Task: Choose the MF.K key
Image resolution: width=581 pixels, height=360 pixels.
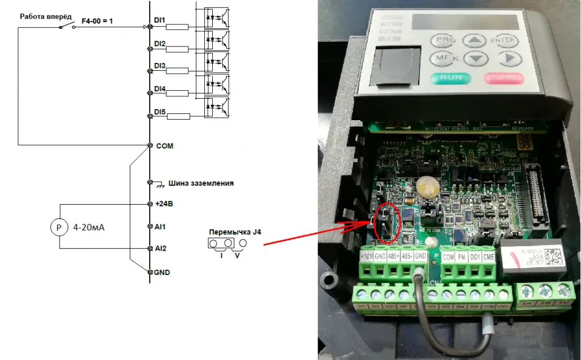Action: click(x=444, y=58)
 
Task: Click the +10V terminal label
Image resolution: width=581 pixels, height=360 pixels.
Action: click(x=367, y=256)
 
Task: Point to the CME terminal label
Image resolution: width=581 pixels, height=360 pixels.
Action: click(x=488, y=256)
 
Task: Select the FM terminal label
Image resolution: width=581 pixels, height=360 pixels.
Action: click(x=461, y=256)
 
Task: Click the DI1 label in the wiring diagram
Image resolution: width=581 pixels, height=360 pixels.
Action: click(x=159, y=20)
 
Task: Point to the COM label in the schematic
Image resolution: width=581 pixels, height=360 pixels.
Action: click(x=164, y=146)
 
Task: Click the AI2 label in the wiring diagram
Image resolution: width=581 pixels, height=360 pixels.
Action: click(x=159, y=248)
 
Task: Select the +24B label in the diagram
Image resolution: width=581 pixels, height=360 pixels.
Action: click(x=163, y=203)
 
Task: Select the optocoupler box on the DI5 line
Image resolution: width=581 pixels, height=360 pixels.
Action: click(x=217, y=107)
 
